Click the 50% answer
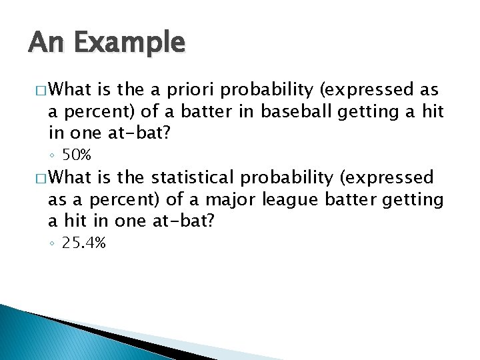tap(76, 155)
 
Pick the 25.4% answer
tap(83, 243)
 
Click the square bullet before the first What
tap(37, 91)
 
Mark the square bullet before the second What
tap(37, 179)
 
